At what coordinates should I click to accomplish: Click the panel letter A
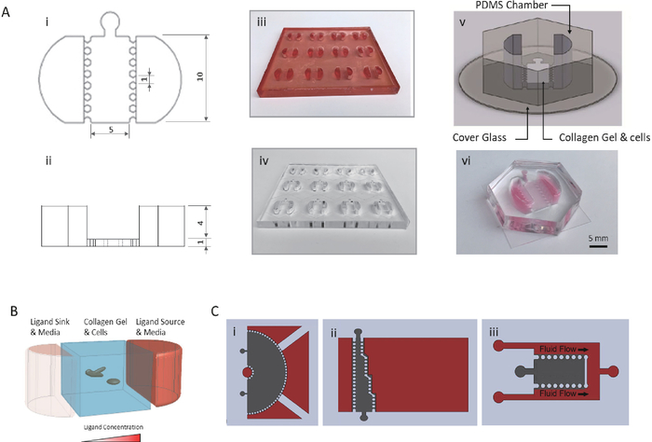tap(8, 7)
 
